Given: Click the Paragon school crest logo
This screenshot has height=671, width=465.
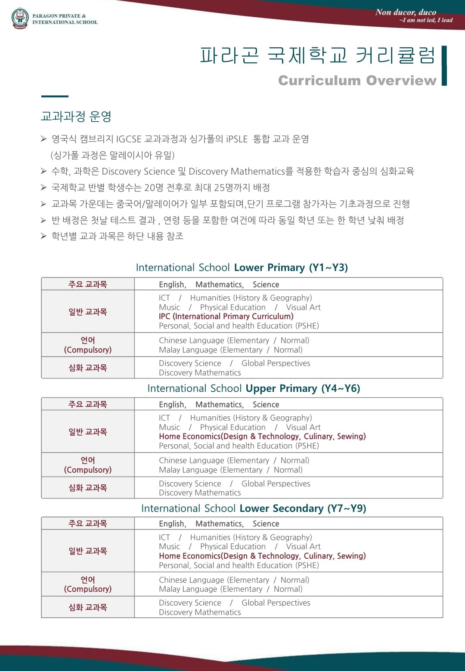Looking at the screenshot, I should [x=20, y=18].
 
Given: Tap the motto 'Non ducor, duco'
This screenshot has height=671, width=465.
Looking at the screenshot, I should [x=406, y=12].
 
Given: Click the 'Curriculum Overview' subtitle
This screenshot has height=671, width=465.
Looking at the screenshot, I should [x=357, y=80].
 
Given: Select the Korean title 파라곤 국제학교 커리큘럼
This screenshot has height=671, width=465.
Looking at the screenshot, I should [x=318, y=55].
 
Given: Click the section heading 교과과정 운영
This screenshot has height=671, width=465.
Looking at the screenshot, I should [x=76, y=116].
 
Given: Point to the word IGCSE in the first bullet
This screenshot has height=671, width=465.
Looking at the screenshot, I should [x=129, y=139].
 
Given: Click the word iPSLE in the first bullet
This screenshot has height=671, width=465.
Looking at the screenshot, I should [x=237, y=139].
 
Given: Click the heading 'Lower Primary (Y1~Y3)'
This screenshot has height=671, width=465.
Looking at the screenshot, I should [x=291, y=268].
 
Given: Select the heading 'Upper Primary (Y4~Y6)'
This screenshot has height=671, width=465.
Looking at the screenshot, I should [x=303, y=388].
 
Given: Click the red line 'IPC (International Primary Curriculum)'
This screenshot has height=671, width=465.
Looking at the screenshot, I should [x=226, y=316].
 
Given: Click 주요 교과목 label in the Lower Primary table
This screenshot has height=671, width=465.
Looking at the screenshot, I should [x=88, y=284].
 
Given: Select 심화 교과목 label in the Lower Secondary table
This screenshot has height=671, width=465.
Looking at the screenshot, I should [x=88, y=607].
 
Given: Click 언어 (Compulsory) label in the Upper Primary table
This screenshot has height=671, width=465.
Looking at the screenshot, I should [x=88, y=465].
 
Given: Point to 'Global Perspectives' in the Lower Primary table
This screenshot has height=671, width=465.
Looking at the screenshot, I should [x=276, y=363].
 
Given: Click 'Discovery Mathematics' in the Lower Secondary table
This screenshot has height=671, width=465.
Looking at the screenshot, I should [x=200, y=612].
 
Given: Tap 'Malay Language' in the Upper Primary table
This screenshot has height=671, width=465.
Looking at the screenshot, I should [x=188, y=470].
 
